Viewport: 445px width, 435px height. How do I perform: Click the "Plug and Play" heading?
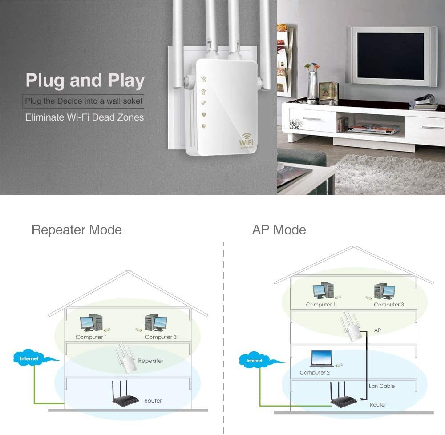pyautogui.click(x=85, y=81)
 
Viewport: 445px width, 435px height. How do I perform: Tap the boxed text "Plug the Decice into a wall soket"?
pyautogui.click(x=84, y=101)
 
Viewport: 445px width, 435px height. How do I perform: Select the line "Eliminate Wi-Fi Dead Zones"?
pyautogui.click(x=84, y=117)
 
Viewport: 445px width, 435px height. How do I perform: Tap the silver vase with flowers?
pyautogui.click(x=312, y=85)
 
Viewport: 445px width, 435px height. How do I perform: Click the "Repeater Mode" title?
pyautogui.click(x=77, y=230)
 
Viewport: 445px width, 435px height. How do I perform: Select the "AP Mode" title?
pyautogui.click(x=279, y=230)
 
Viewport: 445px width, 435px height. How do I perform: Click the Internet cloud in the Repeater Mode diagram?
pyautogui.click(x=30, y=358)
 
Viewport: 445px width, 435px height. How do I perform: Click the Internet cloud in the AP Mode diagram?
pyautogui.click(x=255, y=360)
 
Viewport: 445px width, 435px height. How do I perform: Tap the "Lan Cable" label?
pyautogui.click(x=382, y=386)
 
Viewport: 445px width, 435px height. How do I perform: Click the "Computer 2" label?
pyautogui.click(x=315, y=372)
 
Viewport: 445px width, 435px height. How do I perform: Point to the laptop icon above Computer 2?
pyautogui.click(x=322, y=358)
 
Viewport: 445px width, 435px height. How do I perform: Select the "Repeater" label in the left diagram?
pyautogui.click(x=150, y=361)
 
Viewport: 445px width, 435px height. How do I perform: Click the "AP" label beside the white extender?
pyautogui.click(x=377, y=330)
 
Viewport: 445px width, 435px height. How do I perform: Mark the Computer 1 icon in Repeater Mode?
pyautogui.click(x=91, y=323)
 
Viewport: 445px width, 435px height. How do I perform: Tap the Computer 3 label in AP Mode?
pyautogui.click(x=389, y=305)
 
